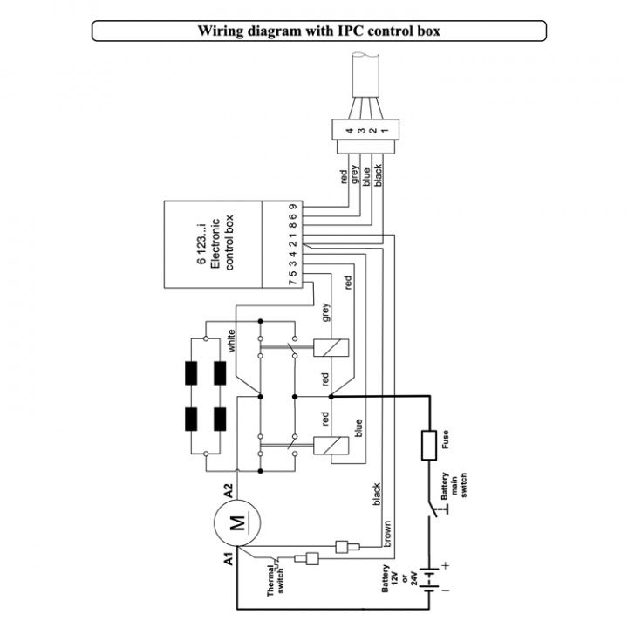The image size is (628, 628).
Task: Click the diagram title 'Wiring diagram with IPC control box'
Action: [318, 31]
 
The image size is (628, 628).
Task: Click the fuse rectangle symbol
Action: [429, 445]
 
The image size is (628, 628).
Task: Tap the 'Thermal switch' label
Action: [278, 580]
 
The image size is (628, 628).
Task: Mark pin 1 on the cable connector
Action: [385, 132]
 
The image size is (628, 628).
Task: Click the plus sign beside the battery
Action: [445, 566]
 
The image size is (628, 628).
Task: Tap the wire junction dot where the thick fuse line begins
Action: [331, 395]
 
